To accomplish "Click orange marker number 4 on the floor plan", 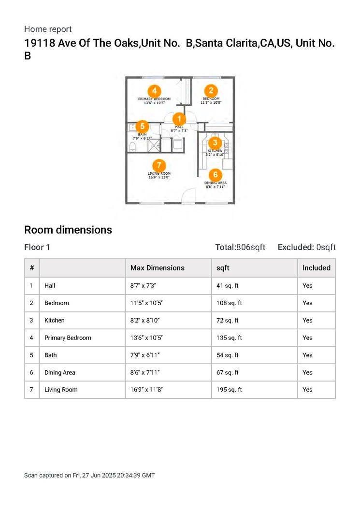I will coord(154,90).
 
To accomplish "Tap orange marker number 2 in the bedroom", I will coord(211,90).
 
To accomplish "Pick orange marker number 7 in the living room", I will coord(159,165).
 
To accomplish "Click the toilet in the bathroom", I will coord(133,146).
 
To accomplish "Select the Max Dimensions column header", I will coord(157,268).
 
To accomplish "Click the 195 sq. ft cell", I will coord(229,390).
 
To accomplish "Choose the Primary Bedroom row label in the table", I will coord(68,338).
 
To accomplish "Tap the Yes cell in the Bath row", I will coord(307,355).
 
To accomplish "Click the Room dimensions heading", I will coord(68,230).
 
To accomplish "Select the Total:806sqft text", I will coord(240,247).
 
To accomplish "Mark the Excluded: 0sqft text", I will coord(306,247).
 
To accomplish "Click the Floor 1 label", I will coord(37,247).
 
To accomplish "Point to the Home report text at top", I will coord(48,29).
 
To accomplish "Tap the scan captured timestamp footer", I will coord(89,475).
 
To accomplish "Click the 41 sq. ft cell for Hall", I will coord(227,285).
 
